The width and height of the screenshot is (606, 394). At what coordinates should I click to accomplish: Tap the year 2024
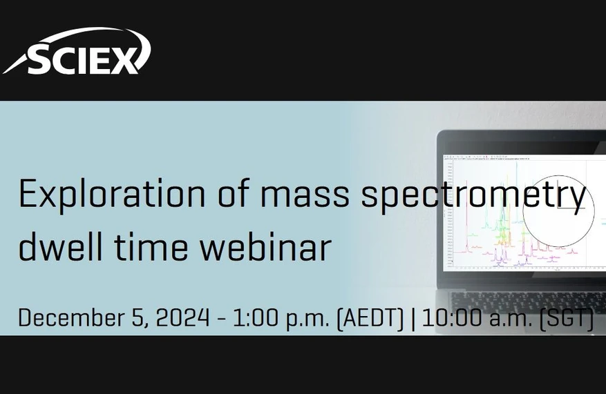click(x=182, y=318)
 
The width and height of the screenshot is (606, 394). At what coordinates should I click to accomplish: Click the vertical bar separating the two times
click(x=413, y=319)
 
